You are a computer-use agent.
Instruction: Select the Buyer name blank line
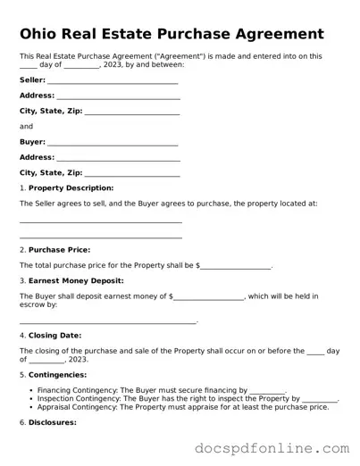(x=113, y=143)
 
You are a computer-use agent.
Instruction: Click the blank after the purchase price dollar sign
(x=235, y=268)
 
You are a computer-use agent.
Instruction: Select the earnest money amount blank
(x=208, y=298)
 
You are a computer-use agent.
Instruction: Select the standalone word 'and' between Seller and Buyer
(x=26, y=127)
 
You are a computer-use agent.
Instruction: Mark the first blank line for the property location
(x=101, y=222)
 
